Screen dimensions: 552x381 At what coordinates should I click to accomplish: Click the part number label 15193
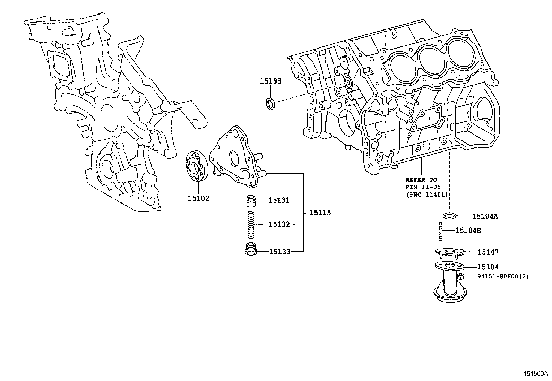(x=270, y=81)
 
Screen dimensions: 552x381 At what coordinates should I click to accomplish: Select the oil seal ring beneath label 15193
(x=271, y=104)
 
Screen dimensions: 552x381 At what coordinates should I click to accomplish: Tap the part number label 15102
(x=198, y=198)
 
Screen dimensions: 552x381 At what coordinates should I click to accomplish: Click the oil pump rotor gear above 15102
(x=197, y=166)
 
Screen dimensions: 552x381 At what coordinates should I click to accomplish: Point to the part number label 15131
(x=279, y=200)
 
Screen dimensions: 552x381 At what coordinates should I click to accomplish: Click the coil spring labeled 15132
(x=251, y=225)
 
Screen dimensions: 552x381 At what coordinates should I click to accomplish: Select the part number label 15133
(x=280, y=252)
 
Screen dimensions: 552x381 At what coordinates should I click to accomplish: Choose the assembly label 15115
(x=320, y=213)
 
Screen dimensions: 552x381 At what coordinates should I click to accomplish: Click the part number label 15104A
(x=485, y=216)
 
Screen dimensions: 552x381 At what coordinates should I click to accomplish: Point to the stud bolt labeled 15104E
(x=440, y=231)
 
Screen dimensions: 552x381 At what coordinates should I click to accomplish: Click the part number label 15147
(x=488, y=252)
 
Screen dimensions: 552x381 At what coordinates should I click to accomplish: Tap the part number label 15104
(x=488, y=267)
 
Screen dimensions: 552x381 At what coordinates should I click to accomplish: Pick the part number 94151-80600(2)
(x=503, y=276)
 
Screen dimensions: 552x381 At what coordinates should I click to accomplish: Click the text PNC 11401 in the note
(x=427, y=194)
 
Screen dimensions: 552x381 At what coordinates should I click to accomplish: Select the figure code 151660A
(x=535, y=374)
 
